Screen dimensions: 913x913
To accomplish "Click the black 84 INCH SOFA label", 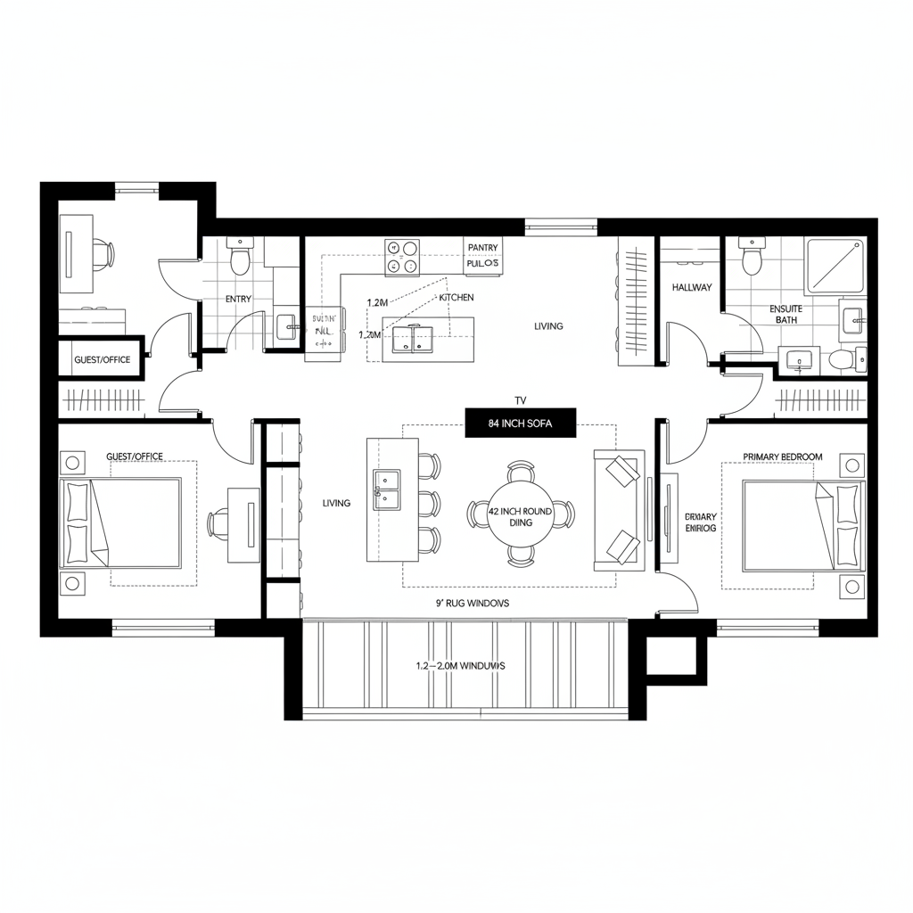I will (x=521, y=424).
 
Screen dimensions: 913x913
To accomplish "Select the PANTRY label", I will (x=483, y=248).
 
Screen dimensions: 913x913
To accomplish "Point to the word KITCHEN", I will (x=456, y=297).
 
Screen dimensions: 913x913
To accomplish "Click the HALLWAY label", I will (x=691, y=287).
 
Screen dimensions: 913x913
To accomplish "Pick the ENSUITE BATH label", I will (x=786, y=314).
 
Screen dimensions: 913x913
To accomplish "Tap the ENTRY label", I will (x=238, y=300).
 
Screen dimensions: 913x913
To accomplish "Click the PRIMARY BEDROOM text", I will (x=783, y=456).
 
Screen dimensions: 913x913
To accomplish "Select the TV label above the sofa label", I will (x=522, y=400).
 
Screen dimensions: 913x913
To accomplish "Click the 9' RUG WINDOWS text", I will (x=472, y=603).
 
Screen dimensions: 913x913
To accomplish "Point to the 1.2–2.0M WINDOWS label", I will (x=460, y=665).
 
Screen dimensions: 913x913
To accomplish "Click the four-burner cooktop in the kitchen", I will (x=402, y=257).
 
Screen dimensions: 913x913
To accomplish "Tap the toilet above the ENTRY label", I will (x=240, y=258).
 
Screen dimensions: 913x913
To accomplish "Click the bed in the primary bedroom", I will (x=802, y=526).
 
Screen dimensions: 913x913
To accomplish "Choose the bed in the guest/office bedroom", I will (x=120, y=522).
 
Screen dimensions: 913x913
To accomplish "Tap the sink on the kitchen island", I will (x=413, y=338).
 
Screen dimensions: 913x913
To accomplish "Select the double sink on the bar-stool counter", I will (x=388, y=491).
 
